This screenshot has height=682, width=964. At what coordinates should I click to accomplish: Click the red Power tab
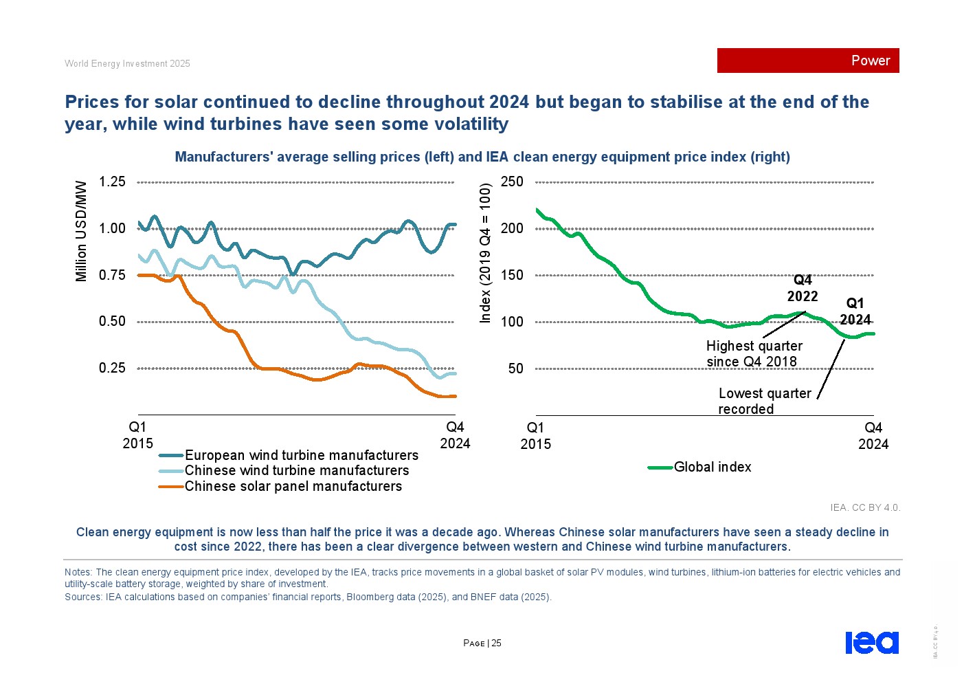807,60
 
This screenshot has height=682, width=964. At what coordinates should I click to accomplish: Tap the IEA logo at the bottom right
871,642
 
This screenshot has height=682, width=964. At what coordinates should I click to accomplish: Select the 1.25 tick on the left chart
112,182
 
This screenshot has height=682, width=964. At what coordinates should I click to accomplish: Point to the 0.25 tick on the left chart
112,368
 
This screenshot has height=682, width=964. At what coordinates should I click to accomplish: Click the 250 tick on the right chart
512,182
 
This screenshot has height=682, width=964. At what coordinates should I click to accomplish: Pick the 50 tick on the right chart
515,368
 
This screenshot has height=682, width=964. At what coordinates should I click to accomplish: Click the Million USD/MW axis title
81,231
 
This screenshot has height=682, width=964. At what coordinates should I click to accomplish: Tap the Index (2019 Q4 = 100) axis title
486,253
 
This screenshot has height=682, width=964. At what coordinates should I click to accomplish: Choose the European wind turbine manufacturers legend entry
301,455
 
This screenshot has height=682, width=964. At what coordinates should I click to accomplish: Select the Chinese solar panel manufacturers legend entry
293,486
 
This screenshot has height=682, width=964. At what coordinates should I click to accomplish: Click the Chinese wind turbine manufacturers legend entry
296,470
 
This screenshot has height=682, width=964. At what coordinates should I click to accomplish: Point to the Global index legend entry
712,467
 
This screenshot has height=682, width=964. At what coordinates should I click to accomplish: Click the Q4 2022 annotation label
803,288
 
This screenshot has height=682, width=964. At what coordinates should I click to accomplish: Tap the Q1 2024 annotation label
855,311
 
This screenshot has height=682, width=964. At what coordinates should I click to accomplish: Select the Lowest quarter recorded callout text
764,401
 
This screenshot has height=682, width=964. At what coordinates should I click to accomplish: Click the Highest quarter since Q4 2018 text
754,353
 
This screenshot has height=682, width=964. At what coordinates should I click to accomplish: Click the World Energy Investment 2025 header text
127,63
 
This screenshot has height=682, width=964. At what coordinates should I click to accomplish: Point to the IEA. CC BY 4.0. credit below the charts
864,507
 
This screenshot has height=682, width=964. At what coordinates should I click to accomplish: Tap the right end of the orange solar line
455,396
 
